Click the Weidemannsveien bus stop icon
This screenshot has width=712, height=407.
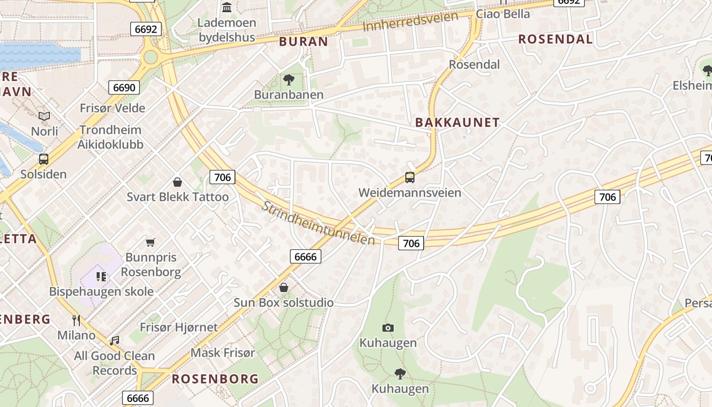[410, 178]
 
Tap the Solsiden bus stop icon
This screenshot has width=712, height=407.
[44, 159]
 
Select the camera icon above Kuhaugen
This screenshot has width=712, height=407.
[388, 328]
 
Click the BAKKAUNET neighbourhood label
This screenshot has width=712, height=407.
[457, 123]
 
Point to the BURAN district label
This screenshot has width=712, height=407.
[304, 42]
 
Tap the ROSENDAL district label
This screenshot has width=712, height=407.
[555, 39]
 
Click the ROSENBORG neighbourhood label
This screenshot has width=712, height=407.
[215, 379]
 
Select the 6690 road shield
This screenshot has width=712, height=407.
[124, 88]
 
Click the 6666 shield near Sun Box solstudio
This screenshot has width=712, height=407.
[306, 256]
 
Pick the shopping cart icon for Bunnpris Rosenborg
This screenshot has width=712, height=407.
[150, 242]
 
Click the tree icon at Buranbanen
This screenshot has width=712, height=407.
[288, 80]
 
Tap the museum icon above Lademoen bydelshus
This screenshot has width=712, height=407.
[227, 8]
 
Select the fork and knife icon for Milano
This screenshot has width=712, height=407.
[76, 320]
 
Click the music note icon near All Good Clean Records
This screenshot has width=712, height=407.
[114, 340]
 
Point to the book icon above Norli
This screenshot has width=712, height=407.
[45, 117]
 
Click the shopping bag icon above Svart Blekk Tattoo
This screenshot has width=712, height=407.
[177, 182]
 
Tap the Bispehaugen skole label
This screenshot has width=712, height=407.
[101, 292]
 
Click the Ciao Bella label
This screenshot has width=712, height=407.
[502, 14]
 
